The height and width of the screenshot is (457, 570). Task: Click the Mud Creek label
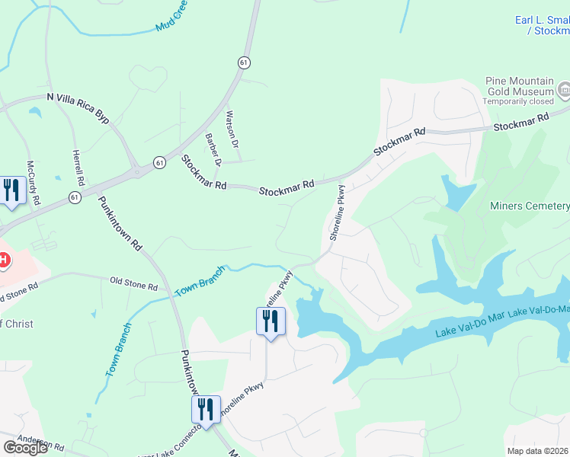click(172, 18)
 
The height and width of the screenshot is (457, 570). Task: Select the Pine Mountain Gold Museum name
click(520, 86)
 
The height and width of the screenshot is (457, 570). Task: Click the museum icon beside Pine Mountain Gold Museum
click(564, 91)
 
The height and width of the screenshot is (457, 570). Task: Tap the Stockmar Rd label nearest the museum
click(522, 122)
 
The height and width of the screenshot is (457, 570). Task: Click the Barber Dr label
click(213, 149)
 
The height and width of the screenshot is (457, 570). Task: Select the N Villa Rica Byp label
click(78, 107)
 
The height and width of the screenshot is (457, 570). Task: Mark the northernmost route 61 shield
click(243, 62)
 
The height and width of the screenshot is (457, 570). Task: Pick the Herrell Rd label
click(78, 168)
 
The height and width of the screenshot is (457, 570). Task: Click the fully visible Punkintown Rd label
click(120, 224)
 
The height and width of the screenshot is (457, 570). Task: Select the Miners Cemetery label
click(530, 206)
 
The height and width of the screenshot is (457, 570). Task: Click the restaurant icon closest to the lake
click(270, 321)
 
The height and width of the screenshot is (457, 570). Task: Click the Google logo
click(25, 448)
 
